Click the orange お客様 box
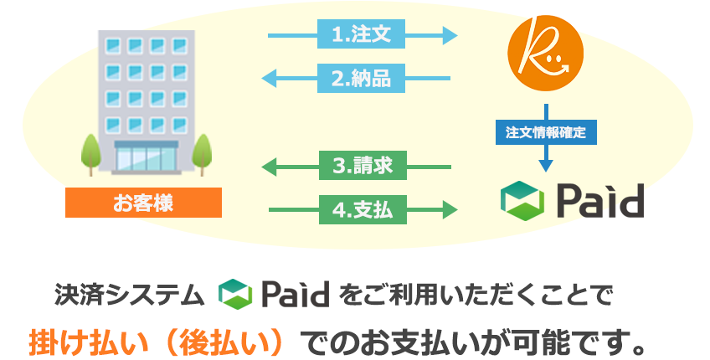(143, 202)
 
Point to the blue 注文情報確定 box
(546, 131)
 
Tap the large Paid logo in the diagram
(572, 199)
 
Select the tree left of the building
(90, 152)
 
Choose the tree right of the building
(201, 152)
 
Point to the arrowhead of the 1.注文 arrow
(450, 35)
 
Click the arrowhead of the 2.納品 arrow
(270, 79)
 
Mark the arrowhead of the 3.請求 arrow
(270, 167)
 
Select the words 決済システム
(129, 294)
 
